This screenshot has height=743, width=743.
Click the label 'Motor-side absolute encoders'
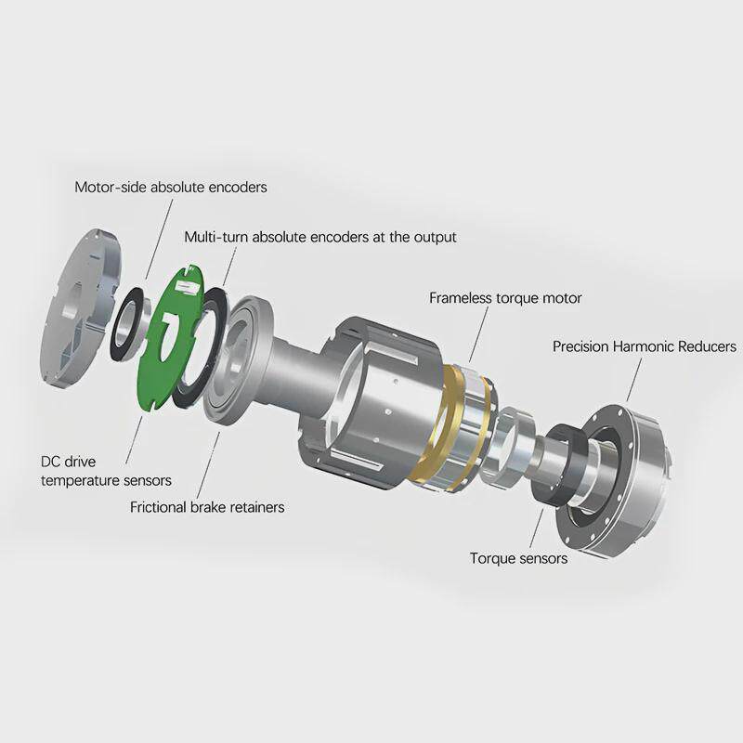click(171, 188)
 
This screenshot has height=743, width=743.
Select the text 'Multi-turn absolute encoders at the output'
click(320, 237)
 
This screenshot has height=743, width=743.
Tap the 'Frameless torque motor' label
click(505, 298)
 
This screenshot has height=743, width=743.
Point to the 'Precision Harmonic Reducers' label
click(645, 346)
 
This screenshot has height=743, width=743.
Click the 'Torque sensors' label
click(518, 558)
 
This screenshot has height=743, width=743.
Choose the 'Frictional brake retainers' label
click(207, 507)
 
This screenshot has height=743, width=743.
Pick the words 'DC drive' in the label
click(68, 462)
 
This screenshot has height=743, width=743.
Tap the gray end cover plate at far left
click(81, 308)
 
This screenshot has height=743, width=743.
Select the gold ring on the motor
click(434, 426)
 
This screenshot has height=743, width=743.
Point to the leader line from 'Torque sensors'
click(537, 528)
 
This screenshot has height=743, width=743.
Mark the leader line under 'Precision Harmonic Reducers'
click(634, 380)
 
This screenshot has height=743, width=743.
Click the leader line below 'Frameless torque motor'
click(478, 334)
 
